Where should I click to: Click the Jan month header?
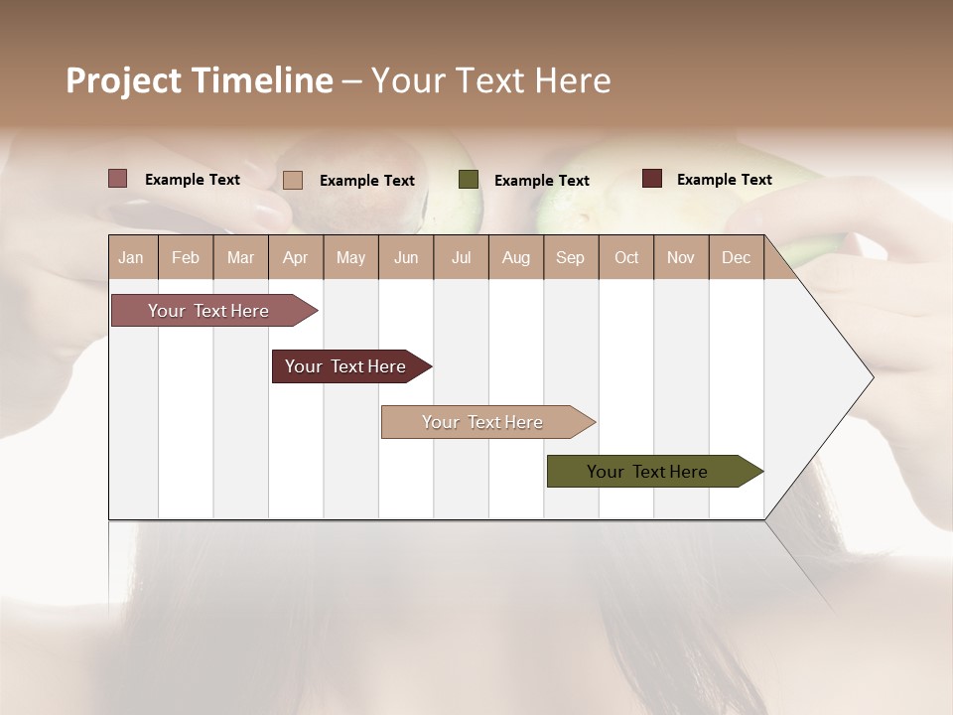click(131, 257)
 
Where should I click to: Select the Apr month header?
click(295, 257)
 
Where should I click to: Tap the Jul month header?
click(461, 257)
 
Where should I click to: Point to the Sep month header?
click(570, 257)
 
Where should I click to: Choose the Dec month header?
click(736, 257)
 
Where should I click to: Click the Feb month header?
click(186, 257)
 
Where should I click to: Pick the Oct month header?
click(626, 257)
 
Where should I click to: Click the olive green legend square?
click(469, 180)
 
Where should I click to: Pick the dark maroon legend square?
click(652, 179)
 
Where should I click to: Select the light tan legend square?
click(293, 180)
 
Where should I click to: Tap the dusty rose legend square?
click(118, 179)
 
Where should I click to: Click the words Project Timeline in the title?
click(199, 80)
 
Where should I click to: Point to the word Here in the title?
click(573, 80)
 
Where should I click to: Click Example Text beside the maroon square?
click(724, 179)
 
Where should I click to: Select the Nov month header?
click(681, 257)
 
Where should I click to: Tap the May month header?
click(350, 257)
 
